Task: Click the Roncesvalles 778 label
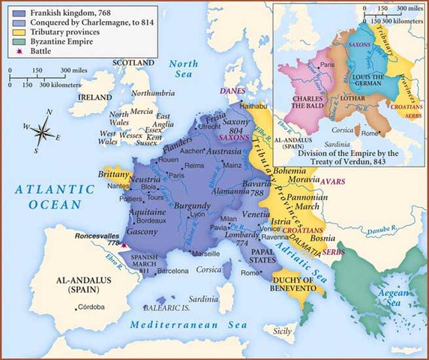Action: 95,238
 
